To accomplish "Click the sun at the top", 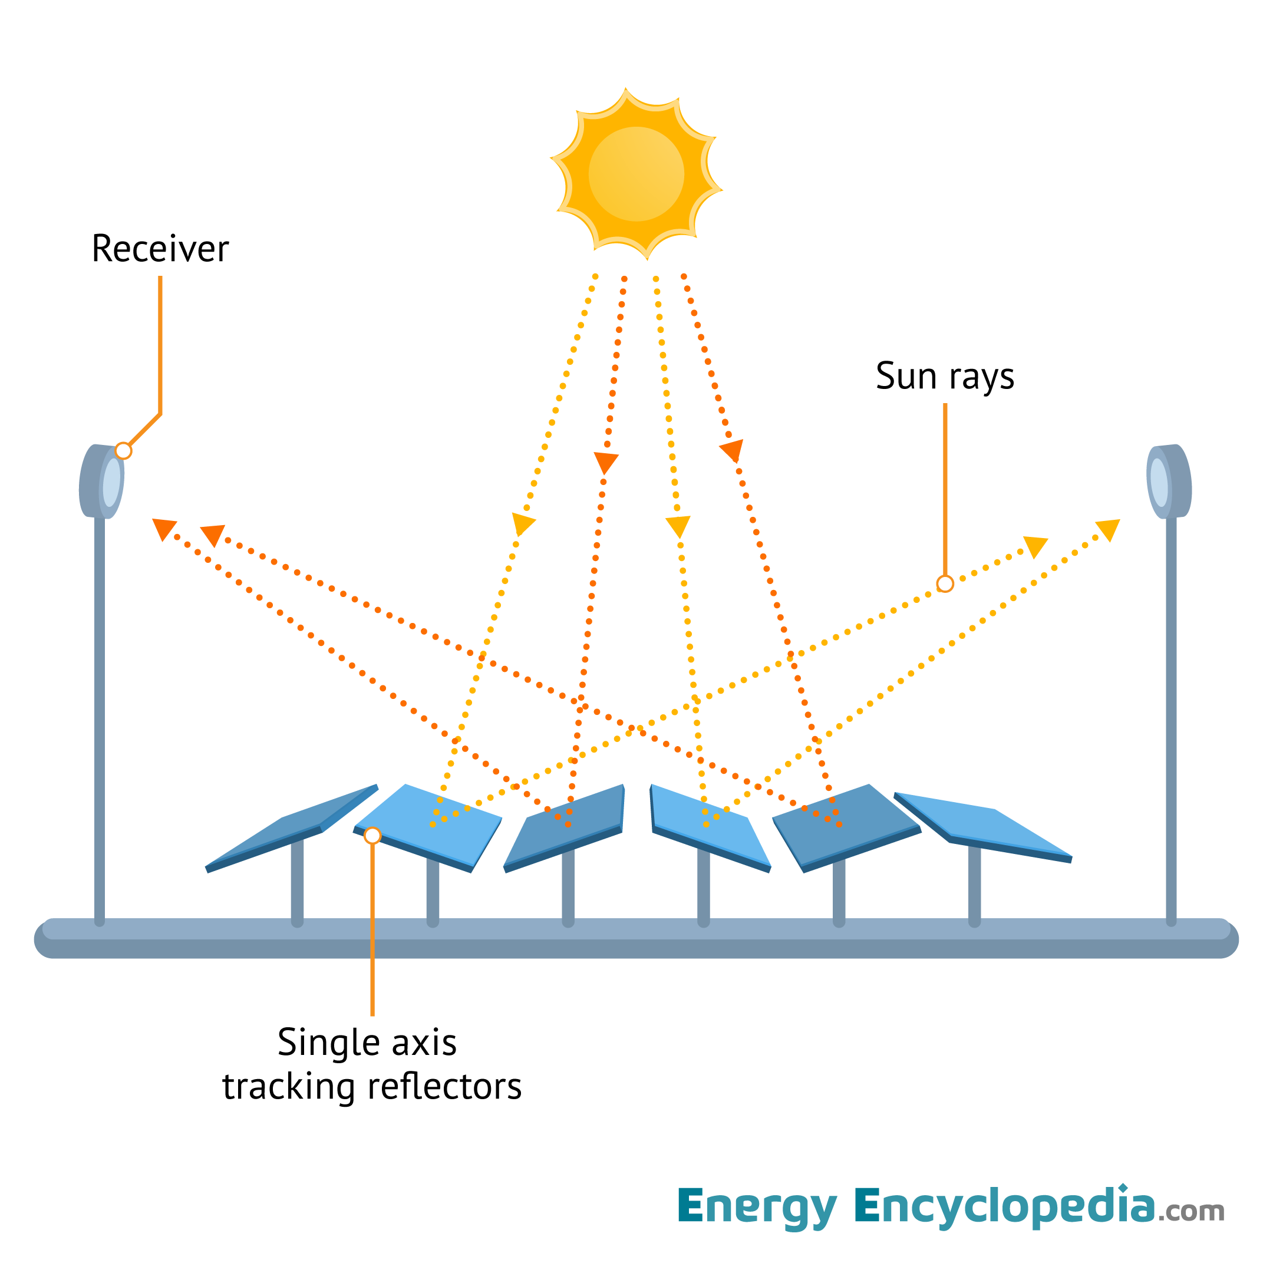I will point(636,174).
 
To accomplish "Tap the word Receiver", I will point(160,249).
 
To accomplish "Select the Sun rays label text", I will point(944,376).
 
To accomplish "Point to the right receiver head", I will point(1169,482).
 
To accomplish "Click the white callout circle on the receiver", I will point(123,451).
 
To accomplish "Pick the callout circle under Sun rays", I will point(945,584).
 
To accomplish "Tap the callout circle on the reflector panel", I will point(372,836).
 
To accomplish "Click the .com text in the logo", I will point(1191,1212).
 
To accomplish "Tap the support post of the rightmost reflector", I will point(975,886).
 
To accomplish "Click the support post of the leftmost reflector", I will point(297,883).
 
